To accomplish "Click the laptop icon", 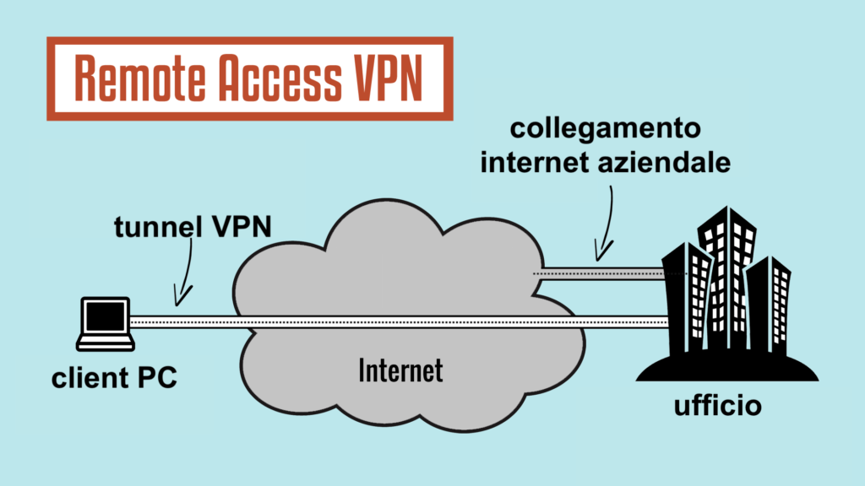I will [105, 324].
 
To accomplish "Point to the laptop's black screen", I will [105, 316].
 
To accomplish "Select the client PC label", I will [114, 377].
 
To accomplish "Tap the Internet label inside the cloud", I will [400, 370].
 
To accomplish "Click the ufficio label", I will [717, 406].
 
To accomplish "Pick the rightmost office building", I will [769, 304].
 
